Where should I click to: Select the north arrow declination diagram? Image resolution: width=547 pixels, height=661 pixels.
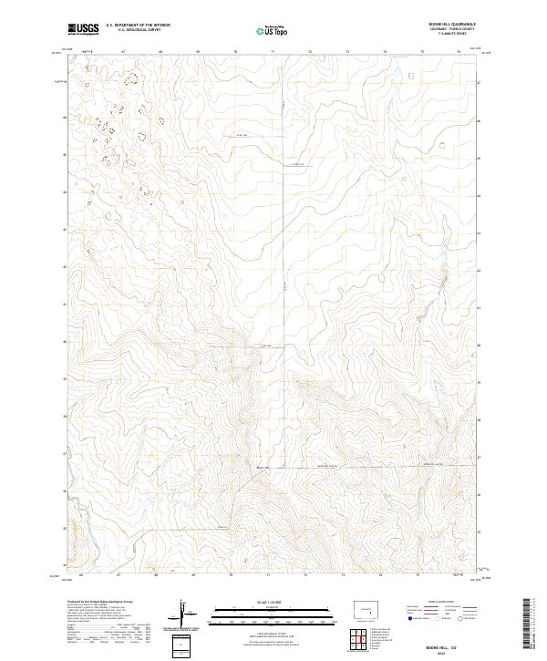185,613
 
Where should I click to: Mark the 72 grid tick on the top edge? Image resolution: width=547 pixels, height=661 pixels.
311,52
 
